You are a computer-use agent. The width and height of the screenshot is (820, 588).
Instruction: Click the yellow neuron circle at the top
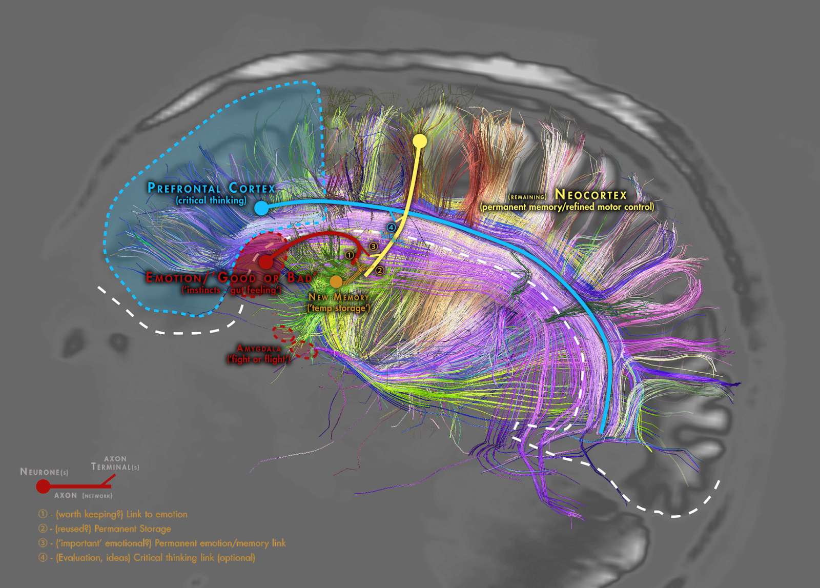tap(420, 141)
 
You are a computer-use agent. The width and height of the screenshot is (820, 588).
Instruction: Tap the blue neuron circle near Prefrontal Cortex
tap(261, 208)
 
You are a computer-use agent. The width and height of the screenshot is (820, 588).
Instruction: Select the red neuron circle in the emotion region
tap(265, 262)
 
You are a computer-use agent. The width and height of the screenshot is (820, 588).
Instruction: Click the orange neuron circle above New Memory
tap(336, 281)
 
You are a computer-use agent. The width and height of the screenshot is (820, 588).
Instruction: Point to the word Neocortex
tap(591, 195)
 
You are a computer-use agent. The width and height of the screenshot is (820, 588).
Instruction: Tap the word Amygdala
tap(259, 349)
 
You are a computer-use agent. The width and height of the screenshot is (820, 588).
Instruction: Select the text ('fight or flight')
tap(258, 359)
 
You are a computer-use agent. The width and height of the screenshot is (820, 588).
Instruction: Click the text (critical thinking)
tap(211, 200)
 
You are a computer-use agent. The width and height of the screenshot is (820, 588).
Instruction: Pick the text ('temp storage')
tap(338, 308)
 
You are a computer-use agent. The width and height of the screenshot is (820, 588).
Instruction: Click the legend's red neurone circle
tap(43, 486)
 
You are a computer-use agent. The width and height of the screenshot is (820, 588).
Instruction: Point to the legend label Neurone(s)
tap(44, 472)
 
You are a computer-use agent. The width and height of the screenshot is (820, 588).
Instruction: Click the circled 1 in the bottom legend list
tap(43, 514)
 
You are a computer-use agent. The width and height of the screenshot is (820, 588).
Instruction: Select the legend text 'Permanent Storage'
tap(133, 529)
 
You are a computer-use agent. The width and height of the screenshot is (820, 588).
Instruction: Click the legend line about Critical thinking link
tap(154, 558)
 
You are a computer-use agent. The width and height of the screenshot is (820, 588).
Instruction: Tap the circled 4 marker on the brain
tap(392, 227)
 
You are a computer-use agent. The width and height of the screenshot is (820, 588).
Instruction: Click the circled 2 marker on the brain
tap(380, 270)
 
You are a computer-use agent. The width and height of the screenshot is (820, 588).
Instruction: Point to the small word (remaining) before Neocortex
tap(527, 197)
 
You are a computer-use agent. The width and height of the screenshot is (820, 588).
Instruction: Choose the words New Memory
tap(338, 297)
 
